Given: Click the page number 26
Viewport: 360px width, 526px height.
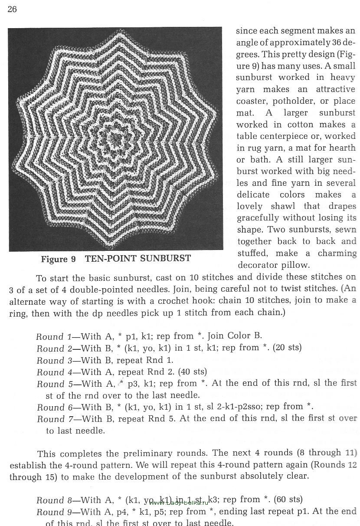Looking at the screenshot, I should click(x=12, y=10).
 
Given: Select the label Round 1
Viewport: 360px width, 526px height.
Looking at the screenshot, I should click(x=51, y=336).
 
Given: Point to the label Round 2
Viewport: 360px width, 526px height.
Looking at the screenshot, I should click(x=51, y=348).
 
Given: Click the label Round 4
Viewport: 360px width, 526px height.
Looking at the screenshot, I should click(x=51, y=372).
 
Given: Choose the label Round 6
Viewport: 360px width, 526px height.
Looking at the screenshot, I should click(x=51, y=407).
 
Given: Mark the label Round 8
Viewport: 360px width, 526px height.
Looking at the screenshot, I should click(x=51, y=500).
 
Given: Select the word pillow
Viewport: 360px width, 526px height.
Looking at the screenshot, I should click(x=295, y=265).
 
